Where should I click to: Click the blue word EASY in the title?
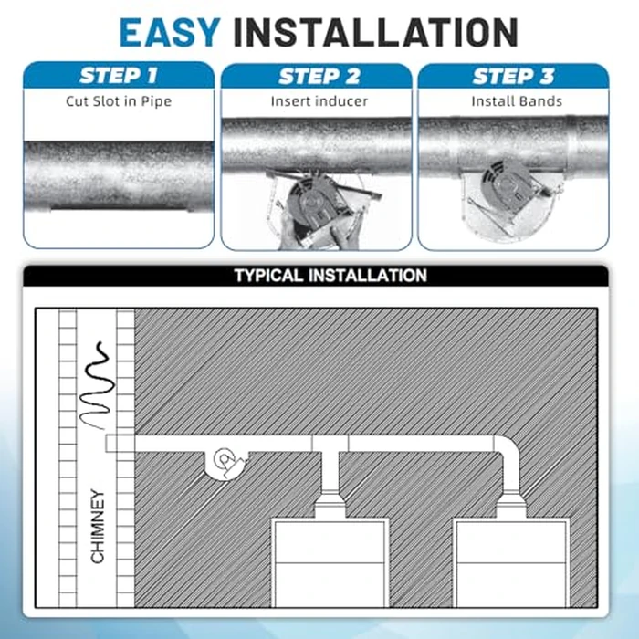170,33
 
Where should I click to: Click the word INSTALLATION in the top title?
376,33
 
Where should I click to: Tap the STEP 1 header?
119,76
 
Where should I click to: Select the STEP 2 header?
319,77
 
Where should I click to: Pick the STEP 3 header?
513,77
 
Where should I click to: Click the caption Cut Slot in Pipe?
119,101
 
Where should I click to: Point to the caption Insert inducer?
319,101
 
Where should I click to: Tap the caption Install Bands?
517,101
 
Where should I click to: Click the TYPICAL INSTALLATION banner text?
330,276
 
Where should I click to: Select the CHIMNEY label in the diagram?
98,527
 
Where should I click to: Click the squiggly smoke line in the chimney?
97,385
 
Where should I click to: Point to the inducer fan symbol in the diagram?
225,464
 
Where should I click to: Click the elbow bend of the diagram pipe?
508,446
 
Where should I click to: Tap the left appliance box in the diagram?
330,563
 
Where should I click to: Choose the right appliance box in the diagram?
511,563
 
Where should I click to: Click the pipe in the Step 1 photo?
119,175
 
